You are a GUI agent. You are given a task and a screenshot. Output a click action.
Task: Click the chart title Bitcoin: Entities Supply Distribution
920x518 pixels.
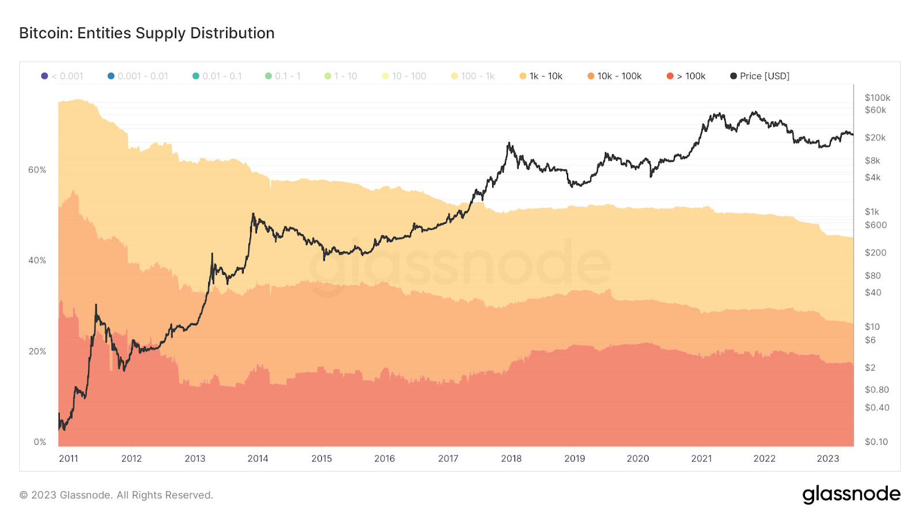[x=147, y=33]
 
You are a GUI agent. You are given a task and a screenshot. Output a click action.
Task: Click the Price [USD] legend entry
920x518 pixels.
[x=760, y=76]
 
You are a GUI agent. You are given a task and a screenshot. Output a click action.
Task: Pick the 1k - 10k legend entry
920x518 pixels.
[x=541, y=76]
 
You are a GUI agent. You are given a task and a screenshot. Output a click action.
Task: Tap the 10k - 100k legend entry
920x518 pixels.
[x=615, y=76]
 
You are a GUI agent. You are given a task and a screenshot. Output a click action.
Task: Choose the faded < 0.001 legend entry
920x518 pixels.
[x=63, y=76]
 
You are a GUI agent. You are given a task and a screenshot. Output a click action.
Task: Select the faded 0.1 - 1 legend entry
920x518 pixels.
[x=283, y=76]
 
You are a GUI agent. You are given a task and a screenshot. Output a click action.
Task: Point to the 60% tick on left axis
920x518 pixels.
[x=37, y=170]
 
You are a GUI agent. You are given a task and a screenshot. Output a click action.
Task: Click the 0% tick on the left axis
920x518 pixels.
[x=40, y=442]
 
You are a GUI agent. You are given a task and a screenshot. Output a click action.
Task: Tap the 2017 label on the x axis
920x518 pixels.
[x=448, y=459]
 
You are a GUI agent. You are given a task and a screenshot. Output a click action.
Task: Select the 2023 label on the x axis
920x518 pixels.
[x=828, y=459]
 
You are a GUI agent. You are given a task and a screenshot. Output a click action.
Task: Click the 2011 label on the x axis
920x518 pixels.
[x=68, y=459]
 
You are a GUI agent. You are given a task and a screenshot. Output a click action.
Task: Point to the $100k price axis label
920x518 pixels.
[x=877, y=98]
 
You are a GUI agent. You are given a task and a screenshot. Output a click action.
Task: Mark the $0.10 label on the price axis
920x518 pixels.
[x=876, y=442]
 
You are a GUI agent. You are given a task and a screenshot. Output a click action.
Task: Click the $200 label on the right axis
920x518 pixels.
[x=875, y=253]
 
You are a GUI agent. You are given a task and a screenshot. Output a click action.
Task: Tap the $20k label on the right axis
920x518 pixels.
[x=875, y=138]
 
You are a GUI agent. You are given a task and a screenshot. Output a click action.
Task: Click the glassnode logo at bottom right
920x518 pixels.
[x=851, y=494]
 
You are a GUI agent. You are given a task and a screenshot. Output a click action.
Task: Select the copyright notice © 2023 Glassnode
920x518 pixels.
[x=116, y=495]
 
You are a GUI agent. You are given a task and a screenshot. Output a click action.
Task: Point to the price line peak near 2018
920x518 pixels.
[x=509, y=143]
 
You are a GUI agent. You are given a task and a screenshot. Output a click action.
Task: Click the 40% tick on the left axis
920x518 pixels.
[x=37, y=260]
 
